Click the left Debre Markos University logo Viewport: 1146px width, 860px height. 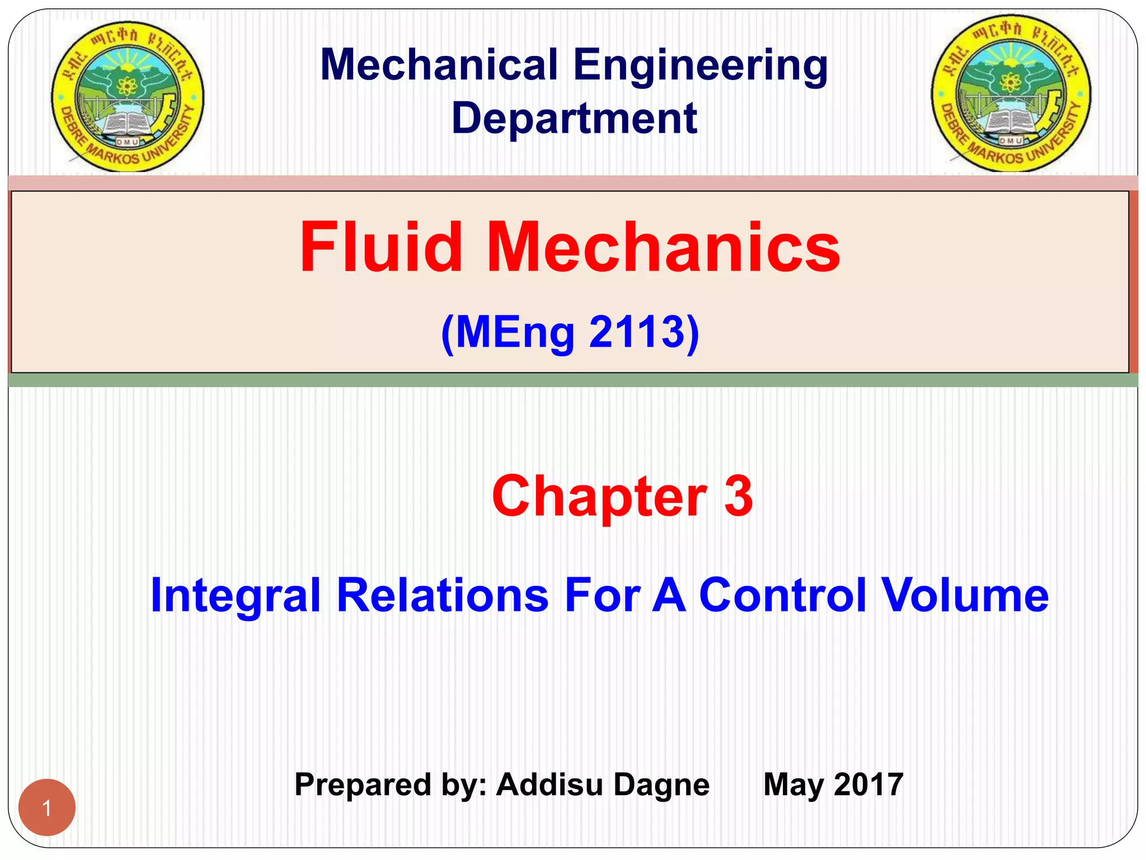tap(128, 96)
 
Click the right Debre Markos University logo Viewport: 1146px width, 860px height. tap(1011, 94)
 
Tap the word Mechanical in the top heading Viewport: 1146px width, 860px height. tap(439, 65)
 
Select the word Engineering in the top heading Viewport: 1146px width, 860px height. tap(701, 66)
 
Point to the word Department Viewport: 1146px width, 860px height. tap(574, 119)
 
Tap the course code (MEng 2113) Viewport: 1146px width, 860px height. tap(570, 333)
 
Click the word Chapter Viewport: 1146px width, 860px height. tap(599, 496)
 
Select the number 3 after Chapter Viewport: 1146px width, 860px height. tap(739, 496)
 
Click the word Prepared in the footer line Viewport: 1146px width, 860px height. tap(361, 785)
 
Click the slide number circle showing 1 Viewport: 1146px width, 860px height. tap(47, 807)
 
